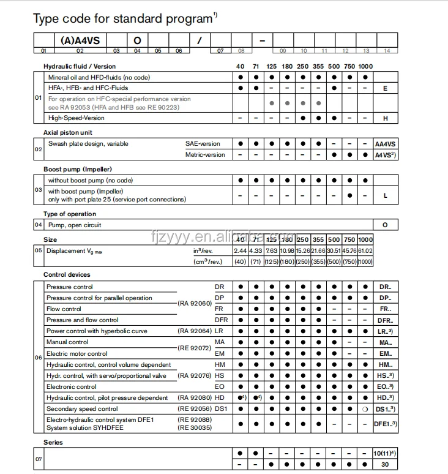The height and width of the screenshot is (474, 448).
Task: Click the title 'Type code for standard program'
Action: pos(122,19)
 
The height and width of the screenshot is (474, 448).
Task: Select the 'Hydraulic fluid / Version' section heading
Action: pos(80,66)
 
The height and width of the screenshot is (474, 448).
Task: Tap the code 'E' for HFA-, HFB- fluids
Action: pos(385,88)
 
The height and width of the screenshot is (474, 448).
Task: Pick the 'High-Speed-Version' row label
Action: pos(77,118)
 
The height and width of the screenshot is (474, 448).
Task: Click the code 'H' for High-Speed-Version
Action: pos(385,118)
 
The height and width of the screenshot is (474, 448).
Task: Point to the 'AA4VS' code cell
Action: pos(385,144)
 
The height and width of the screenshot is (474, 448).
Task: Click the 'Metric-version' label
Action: pos(205,155)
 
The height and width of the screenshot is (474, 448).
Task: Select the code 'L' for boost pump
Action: pos(385,195)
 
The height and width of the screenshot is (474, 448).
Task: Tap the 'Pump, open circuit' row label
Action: pos(75,225)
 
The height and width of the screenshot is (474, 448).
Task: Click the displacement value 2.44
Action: pos(240,250)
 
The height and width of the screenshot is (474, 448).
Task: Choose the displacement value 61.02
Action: pos(365,250)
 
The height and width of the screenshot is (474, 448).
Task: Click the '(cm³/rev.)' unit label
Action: pos(207,261)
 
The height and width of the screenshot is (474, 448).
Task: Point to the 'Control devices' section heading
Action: pos(67,275)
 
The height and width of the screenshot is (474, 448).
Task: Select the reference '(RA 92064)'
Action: pos(195,331)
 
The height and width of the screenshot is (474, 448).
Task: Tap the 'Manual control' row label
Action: pos(67,342)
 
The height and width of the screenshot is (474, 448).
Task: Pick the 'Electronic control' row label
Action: pos(72,386)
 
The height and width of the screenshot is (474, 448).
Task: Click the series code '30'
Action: pos(385,465)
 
